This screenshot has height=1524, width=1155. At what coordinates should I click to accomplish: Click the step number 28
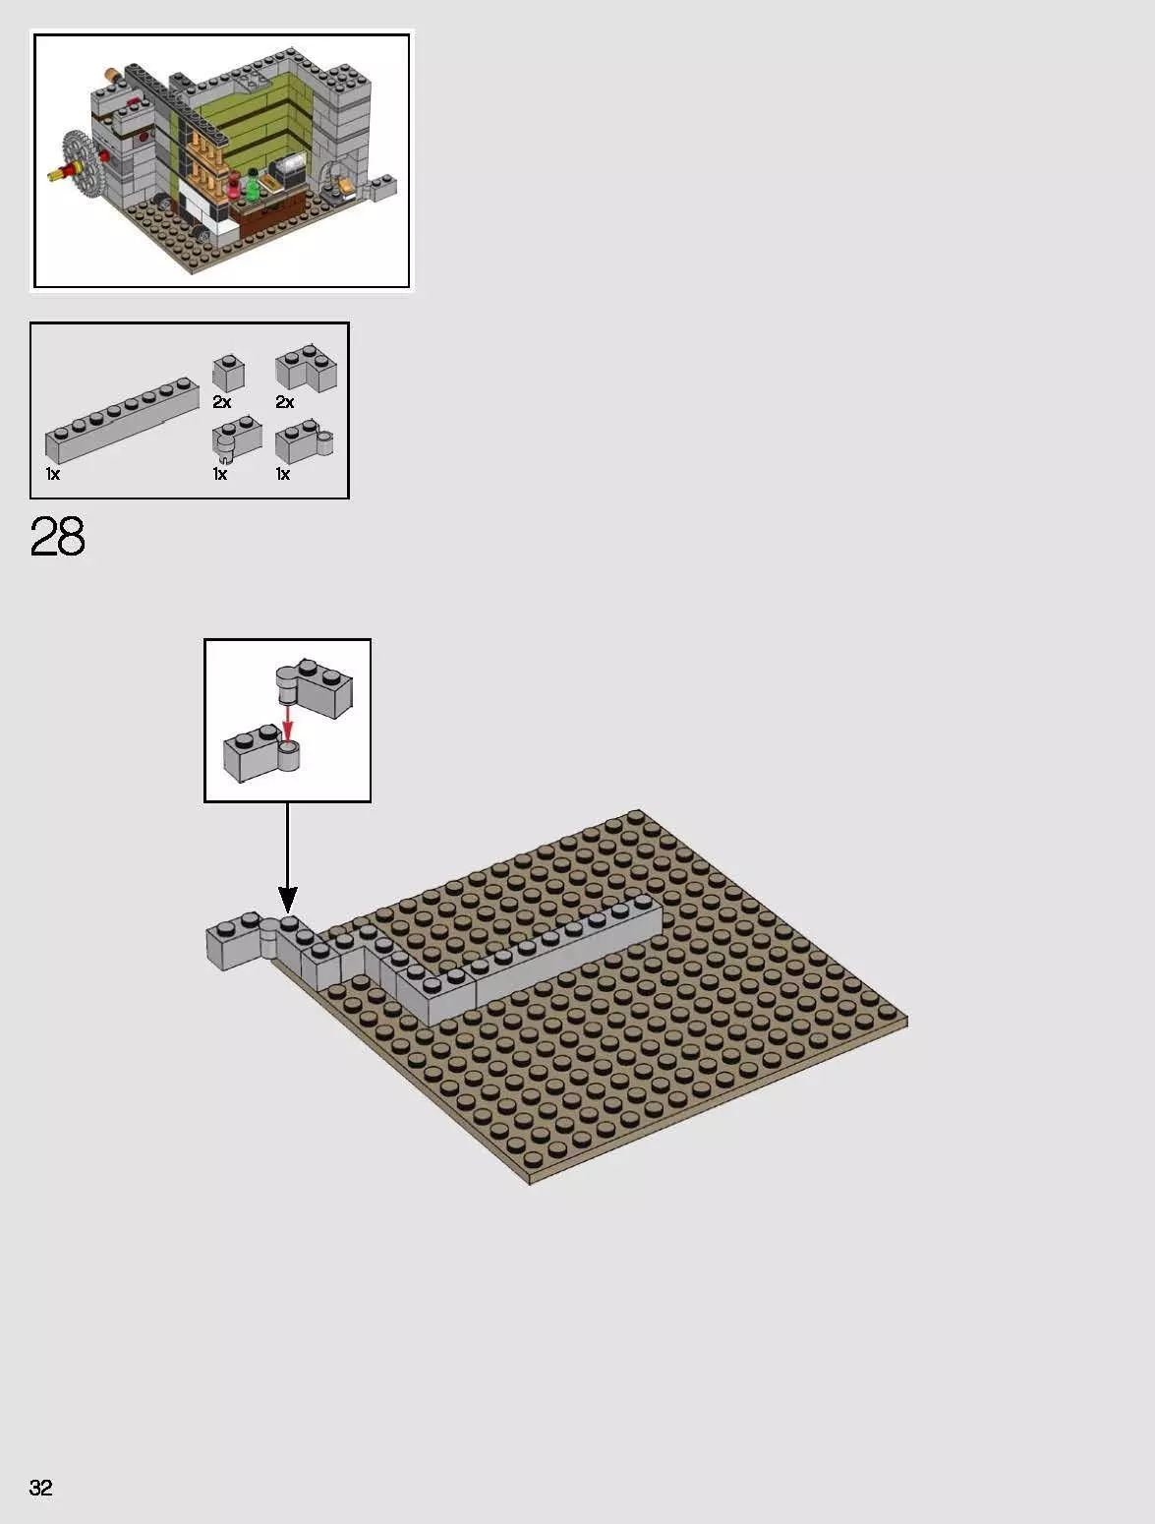pos(57,537)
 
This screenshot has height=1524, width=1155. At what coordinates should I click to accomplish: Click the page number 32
pos(40,1487)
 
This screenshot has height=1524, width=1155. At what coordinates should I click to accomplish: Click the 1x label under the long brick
pos(53,474)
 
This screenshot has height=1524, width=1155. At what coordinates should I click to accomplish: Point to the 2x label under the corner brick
pos(285,402)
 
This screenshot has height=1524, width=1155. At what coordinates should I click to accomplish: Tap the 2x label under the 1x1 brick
pos(222,402)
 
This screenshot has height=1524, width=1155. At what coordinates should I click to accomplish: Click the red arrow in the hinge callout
pos(287,722)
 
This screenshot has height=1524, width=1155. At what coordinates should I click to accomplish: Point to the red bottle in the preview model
pos(234,186)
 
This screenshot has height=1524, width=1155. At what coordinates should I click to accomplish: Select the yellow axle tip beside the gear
pos(52,178)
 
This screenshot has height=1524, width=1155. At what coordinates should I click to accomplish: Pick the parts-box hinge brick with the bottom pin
pos(237,440)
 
